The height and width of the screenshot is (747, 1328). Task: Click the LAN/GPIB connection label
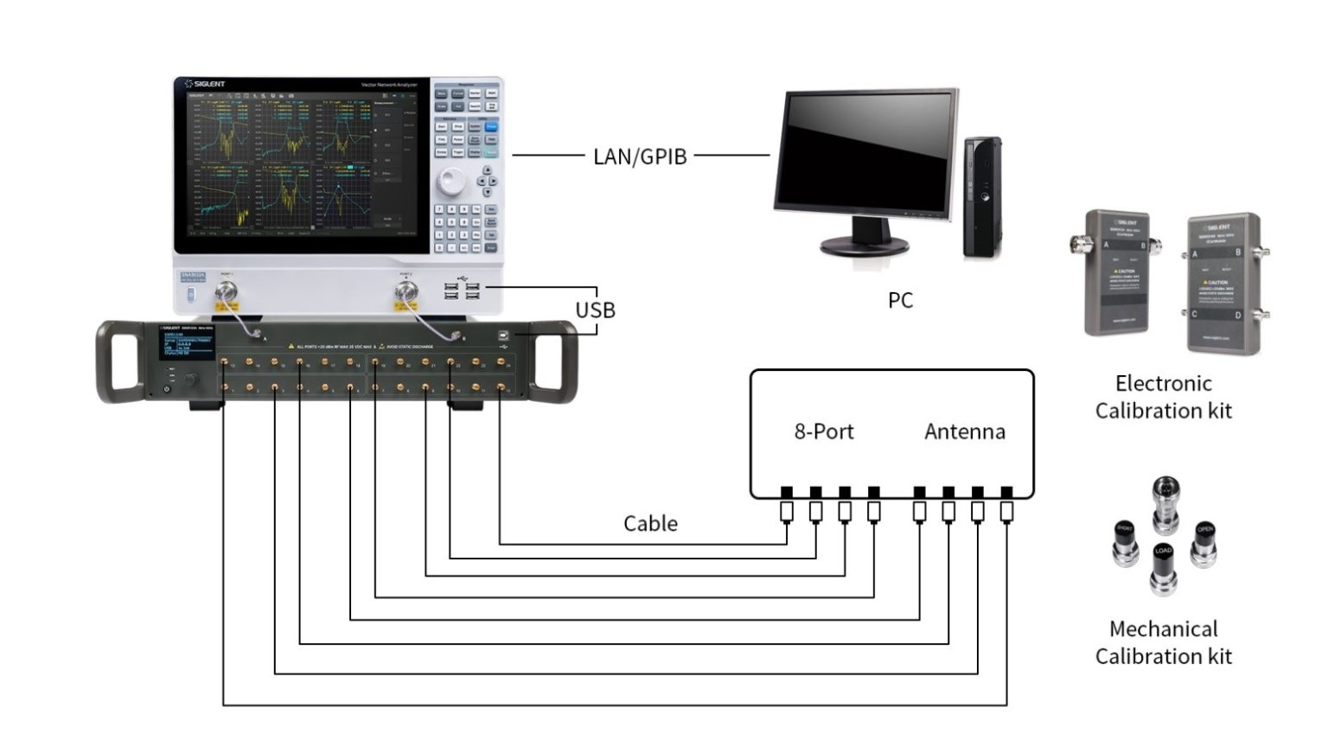640,156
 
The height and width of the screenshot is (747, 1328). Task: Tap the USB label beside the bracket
596,310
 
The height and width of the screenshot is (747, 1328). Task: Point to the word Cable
650,523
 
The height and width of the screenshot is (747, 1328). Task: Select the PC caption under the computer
900,300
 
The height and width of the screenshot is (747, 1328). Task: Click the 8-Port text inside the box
824,431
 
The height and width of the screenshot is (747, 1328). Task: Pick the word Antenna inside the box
965,431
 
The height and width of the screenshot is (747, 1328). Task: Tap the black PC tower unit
982,196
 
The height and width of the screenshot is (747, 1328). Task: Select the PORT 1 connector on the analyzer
227,290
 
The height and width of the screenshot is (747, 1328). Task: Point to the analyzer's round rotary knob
450,182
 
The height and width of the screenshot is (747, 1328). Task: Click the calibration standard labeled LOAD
1163,566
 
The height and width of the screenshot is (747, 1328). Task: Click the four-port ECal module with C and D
1223,283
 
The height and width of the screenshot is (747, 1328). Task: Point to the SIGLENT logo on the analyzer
206,84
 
